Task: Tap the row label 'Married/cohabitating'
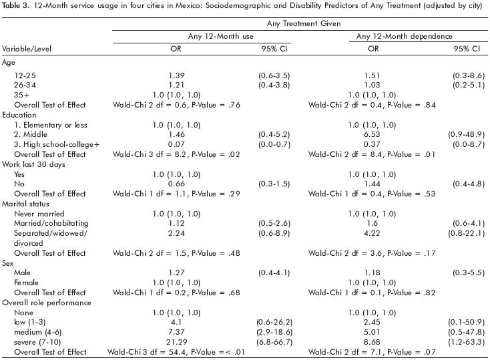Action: [x=47, y=223]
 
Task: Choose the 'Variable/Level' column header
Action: [x=26, y=49]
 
